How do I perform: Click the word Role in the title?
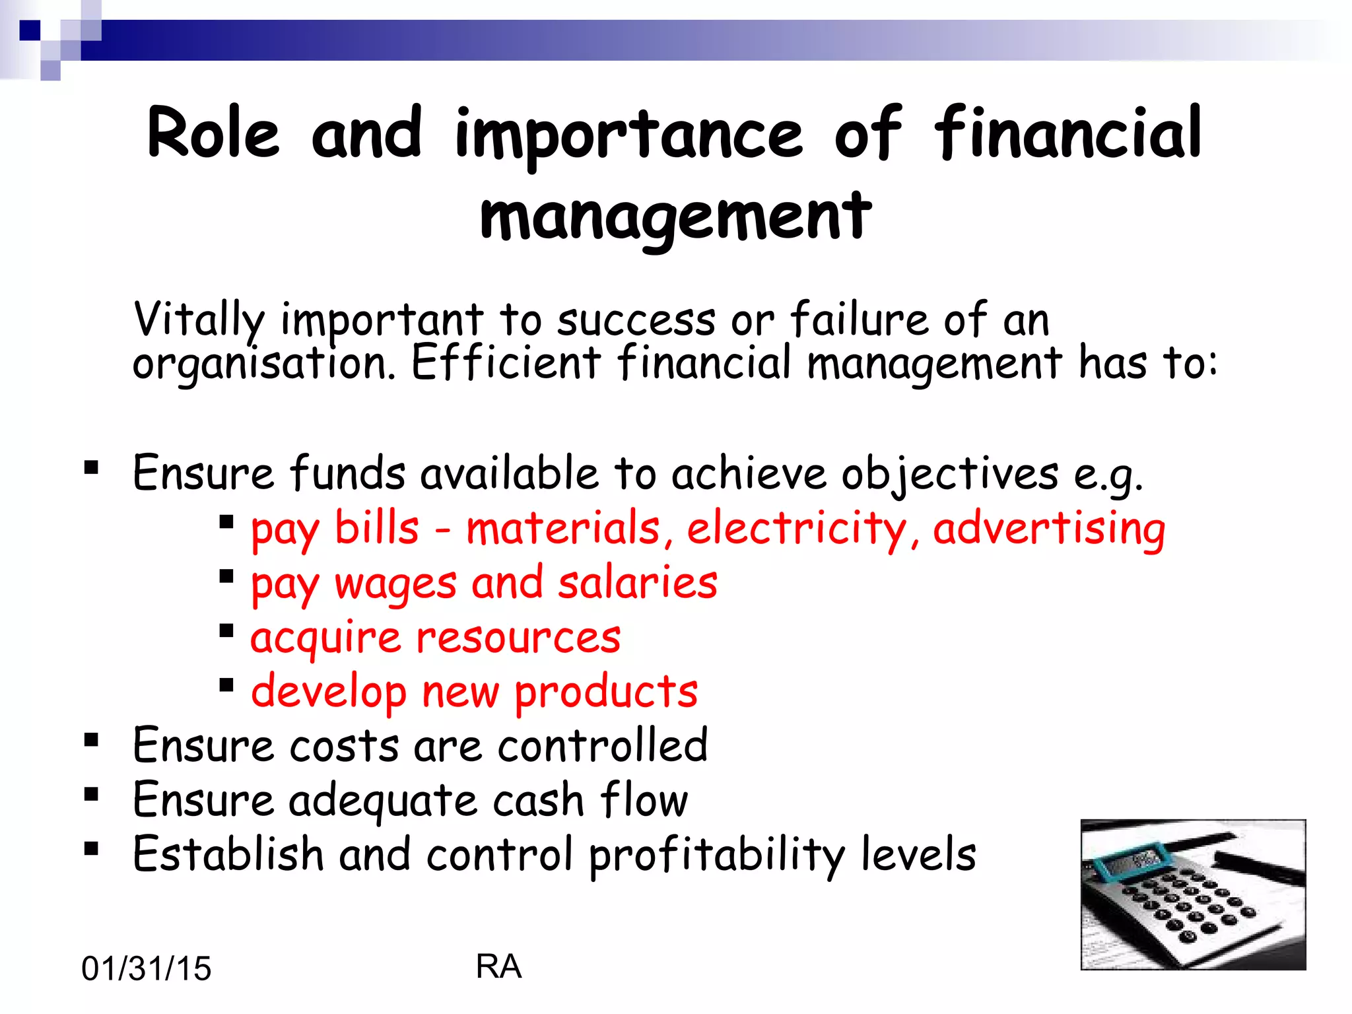click(x=213, y=134)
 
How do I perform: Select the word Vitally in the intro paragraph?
click(x=199, y=320)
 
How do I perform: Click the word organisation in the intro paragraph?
click(x=263, y=364)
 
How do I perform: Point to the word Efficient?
click(x=506, y=362)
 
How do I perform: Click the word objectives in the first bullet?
click(x=949, y=474)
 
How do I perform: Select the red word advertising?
click(x=1049, y=529)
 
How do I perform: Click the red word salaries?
click(x=638, y=584)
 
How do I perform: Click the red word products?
click(x=606, y=693)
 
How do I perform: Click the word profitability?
click(x=717, y=855)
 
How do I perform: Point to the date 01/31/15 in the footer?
click(x=146, y=968)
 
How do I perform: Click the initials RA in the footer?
click(x=498, y=966)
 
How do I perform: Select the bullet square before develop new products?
click(x=226, y=685)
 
